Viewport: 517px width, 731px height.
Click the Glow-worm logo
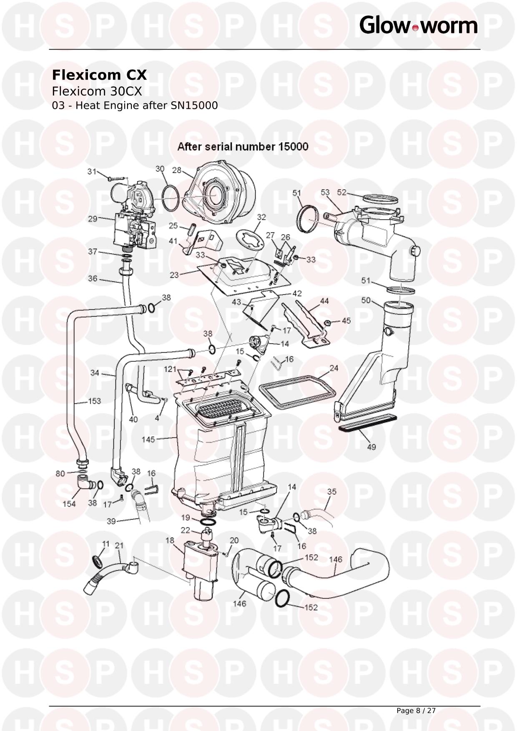tap(418, 25)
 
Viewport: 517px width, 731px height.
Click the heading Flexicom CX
tap(99, 75)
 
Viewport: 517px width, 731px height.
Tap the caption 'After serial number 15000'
tap(243, 147)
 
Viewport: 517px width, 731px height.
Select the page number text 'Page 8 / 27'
tap(416, 711)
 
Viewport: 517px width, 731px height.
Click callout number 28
tap(177, 170)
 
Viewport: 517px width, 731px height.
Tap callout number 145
tap(148, 439)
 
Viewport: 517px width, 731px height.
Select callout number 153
tap(95, 401)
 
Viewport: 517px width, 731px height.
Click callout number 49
tap(371, 447)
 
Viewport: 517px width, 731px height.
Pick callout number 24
tap(334, 368)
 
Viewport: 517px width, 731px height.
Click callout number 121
tap(170, 369)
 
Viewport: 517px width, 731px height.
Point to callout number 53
tap(325, 192)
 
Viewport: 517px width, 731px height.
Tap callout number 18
tap(170, 541)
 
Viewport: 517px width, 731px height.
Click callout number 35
tap(331, 492)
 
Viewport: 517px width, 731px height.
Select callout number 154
tap(69, 504)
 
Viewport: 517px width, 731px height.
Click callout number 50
tap(366, 300)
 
